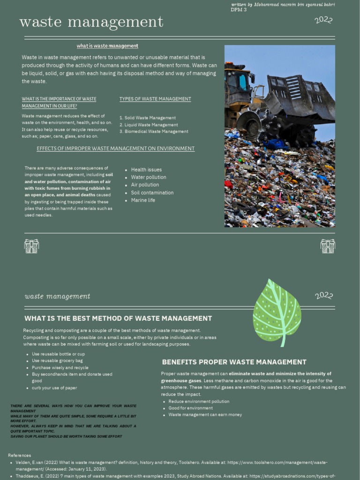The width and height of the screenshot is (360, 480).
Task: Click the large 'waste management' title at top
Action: click(x=91, y=22)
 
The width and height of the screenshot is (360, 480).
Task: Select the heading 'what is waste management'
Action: click(x=107, y=46)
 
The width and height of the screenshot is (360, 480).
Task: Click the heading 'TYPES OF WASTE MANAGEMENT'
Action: click(x=155, y=99)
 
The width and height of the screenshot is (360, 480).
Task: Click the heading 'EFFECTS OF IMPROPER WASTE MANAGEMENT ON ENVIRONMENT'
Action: click(x=115, y=149)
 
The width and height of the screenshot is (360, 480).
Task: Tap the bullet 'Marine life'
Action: click(x=143, y=200)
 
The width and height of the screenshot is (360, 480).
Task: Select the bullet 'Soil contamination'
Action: click(x=152, y=193)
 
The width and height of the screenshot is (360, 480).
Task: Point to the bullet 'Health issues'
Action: click(x=146, y=170)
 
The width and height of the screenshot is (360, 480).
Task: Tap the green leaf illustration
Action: click(x=277, y=312)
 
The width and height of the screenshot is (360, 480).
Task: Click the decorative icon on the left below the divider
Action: click(x=31, y=246)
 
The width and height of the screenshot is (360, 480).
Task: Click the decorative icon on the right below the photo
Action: click(x=328, y=246)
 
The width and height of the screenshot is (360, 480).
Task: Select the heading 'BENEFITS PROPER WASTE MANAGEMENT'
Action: click(x=234, y=362)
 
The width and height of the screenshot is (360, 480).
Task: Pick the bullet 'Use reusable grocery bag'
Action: click(x=57, y=361)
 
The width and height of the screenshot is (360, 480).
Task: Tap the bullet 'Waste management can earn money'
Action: click(x=205, y=415)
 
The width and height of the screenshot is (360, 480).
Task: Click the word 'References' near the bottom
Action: click(x=20, y=455)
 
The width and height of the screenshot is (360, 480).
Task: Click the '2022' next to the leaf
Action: click(x=324, y=296)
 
